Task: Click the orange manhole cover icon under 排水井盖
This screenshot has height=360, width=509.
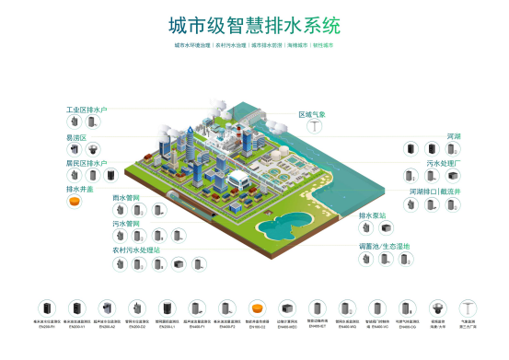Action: coord(75,203)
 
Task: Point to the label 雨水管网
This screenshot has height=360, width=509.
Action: coord(126,197)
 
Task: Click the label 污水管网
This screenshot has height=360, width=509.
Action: coord(126,223)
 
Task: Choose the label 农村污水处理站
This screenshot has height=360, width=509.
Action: coord(136,249)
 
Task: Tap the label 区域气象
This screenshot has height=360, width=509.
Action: coord(312,115)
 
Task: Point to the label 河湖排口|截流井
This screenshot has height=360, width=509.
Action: coord(441,192)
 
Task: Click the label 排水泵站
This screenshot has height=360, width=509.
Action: coord(372,216)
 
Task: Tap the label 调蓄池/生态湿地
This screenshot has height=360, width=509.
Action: coord(384,246)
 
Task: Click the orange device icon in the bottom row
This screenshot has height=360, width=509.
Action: coord(256,308)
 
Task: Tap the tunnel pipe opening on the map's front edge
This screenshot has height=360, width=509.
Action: coord(175,196)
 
